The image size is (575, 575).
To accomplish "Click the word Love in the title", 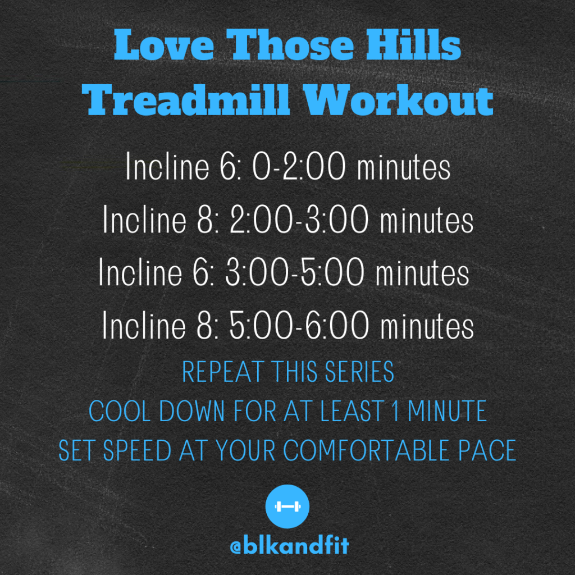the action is click(x=163, y=44).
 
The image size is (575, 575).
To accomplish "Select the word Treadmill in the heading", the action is click(x=186, y=100).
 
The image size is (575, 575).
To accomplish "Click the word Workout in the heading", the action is click(x=399, y=100).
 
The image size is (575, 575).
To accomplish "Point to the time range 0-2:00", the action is click(x=299, y=167).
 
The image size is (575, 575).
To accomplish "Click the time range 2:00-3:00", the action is click(x=299, y=220).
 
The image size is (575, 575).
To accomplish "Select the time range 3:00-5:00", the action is click(x=295, y=272).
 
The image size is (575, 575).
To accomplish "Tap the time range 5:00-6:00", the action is click(x=299, y=325).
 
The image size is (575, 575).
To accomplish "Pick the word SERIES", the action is click(x=359, y=372).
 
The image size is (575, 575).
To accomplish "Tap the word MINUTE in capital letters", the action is click(x=447, y=411).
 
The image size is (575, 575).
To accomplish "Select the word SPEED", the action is click(x=137, y=450).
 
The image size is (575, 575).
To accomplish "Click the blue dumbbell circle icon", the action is click(x=287, y=506).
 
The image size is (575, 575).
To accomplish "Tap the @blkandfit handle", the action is click(x=289, y=546).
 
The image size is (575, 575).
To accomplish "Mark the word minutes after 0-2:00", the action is click(x=404, y=167).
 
